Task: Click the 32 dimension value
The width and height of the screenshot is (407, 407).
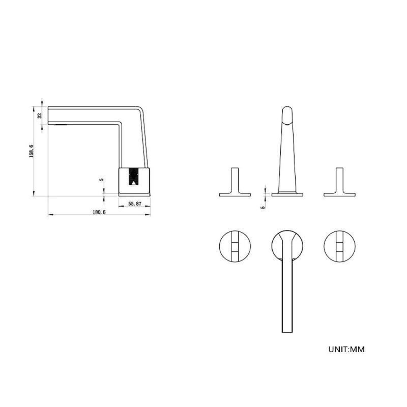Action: [x=40, y=115]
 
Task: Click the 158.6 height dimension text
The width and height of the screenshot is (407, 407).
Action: [x=31, y=151]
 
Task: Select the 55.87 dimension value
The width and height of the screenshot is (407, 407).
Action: [x=135, y=204]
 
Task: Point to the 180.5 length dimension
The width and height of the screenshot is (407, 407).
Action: [x=99, y=212]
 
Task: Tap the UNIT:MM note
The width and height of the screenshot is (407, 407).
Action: [x=346, y=349]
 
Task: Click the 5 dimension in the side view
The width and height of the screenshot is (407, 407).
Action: [x=101, y=180]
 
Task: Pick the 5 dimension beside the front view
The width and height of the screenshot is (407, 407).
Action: [x=263, y=207]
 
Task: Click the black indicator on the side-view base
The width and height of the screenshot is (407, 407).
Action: [x=133, y=177]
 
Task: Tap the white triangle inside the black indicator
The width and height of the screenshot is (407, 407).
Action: [x=133, y=183]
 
